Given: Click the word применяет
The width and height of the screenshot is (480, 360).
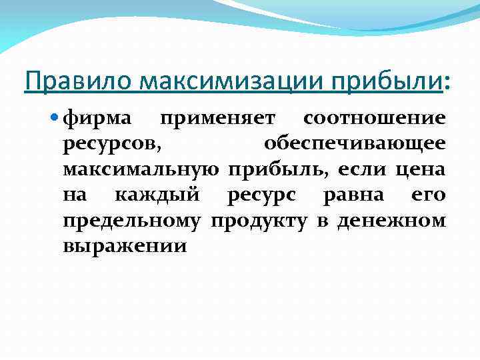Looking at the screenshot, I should [225, 120].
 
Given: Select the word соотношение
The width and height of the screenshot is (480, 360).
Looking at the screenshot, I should [383, 119].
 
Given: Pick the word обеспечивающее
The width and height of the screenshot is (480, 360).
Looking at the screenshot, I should [354, 144].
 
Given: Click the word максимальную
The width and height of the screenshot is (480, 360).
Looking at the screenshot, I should [141, 169].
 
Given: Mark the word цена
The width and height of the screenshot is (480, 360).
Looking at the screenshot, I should [420, 169].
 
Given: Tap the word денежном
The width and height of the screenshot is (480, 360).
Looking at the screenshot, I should [391, 219].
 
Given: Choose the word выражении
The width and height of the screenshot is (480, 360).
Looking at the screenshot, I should [125, 245].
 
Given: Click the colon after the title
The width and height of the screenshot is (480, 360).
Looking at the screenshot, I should [446, 83].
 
